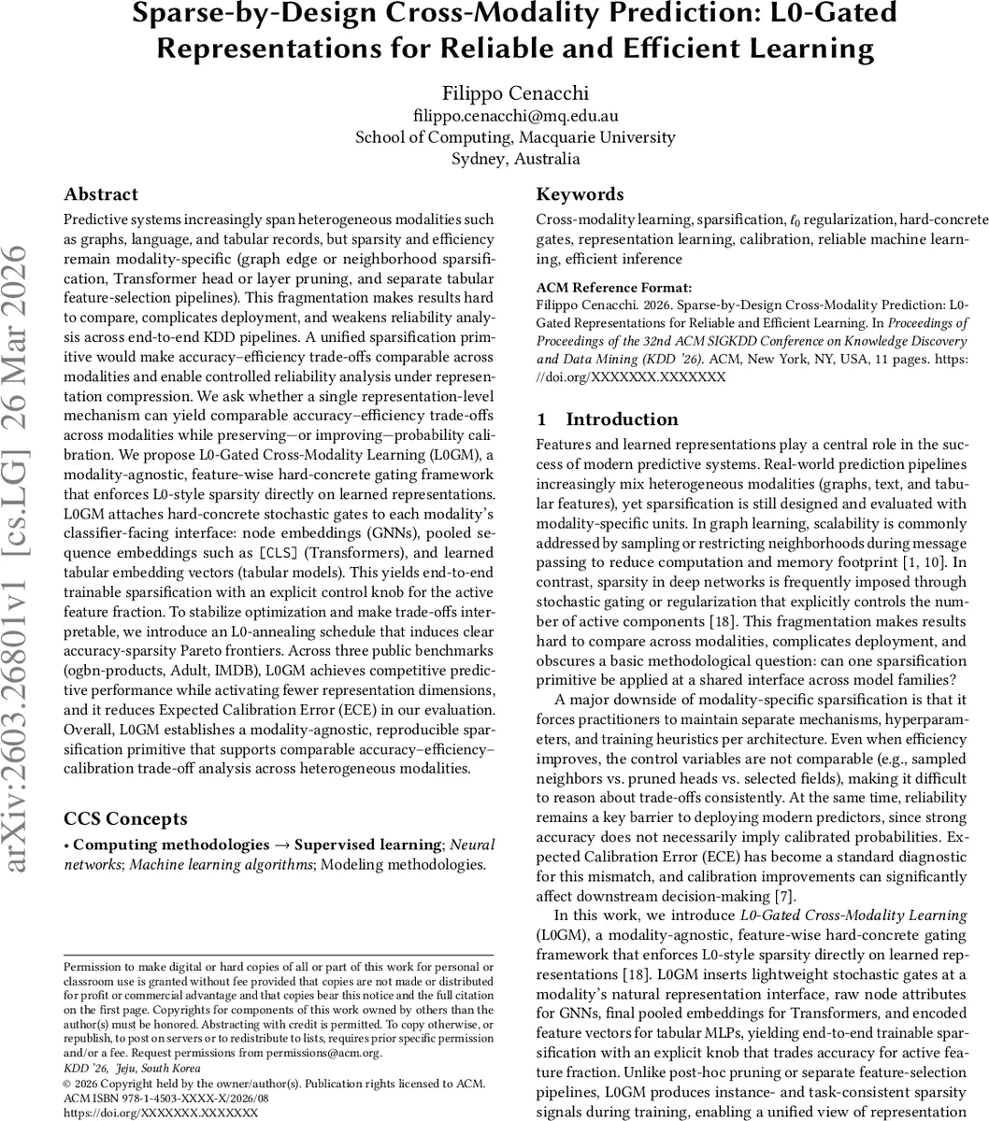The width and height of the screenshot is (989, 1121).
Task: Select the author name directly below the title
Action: pos(514,93)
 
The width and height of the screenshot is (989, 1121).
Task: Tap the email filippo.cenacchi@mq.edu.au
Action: pos(514,116)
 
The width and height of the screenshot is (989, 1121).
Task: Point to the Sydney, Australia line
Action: pos(514,158)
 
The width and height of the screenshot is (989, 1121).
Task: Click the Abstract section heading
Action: pos(100,194)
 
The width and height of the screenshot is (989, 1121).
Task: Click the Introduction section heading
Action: pos(622,419)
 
